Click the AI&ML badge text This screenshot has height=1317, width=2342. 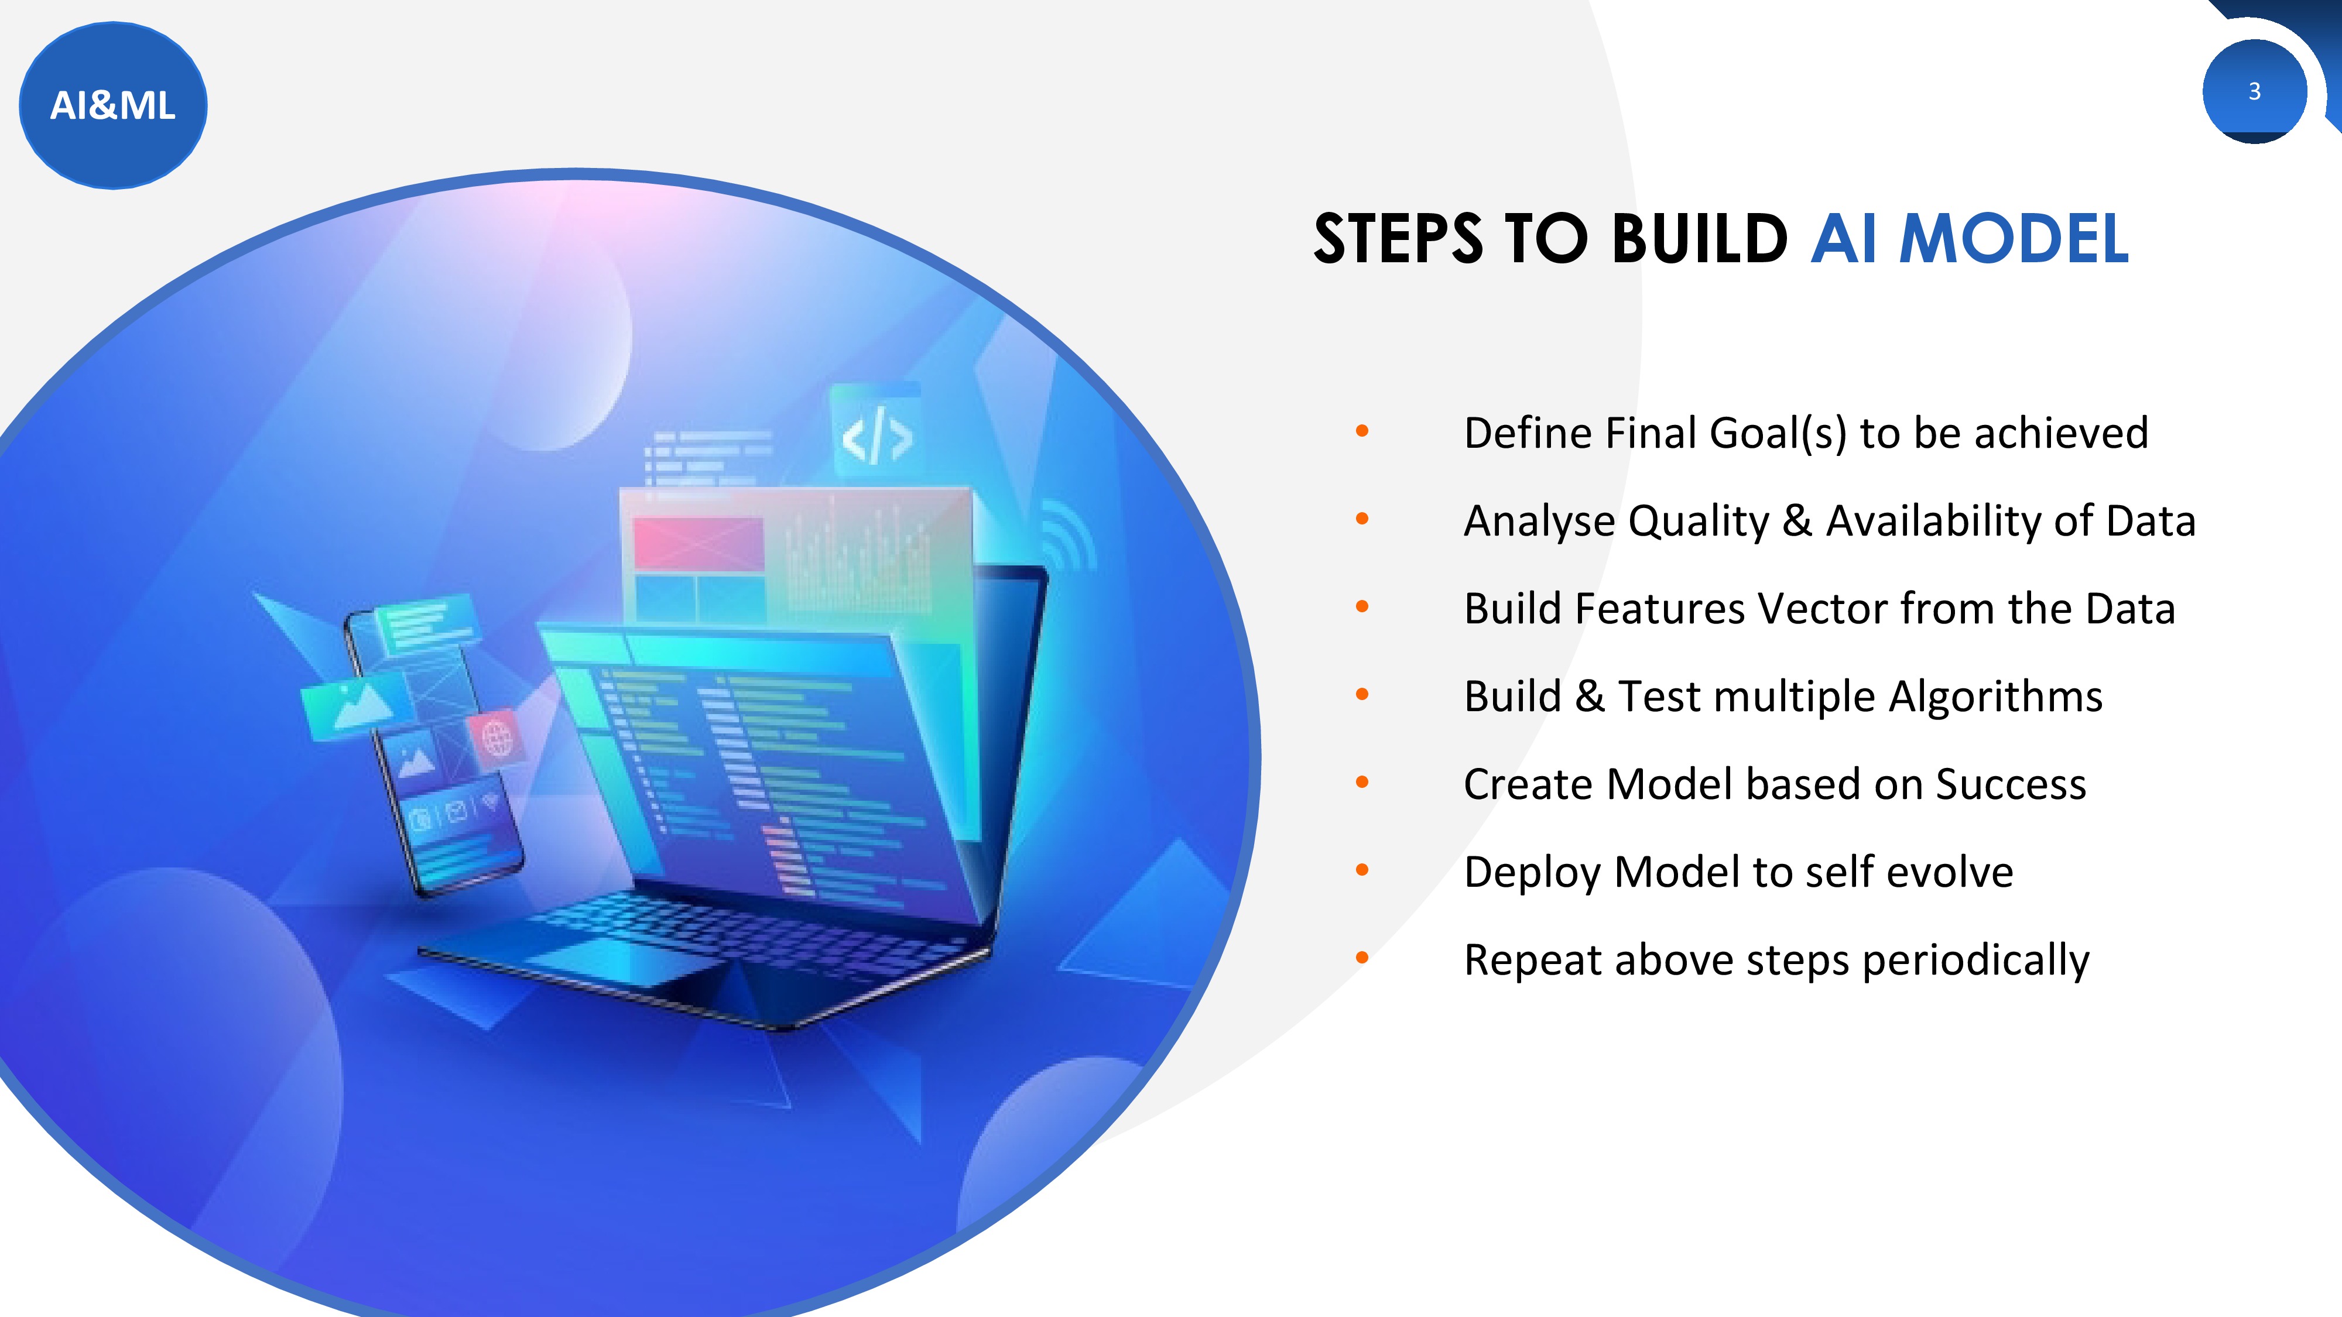tap(113, 105)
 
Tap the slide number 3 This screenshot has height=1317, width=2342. tap(2254, 91)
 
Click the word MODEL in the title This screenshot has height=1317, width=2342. tap(2014, 239)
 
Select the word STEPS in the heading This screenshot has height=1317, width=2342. tap(1398, 239)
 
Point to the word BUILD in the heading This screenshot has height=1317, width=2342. tap(1699, 239)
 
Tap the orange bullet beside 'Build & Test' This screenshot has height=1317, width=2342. tap(1362, 695)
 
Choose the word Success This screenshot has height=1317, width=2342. tap(2011, 784)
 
